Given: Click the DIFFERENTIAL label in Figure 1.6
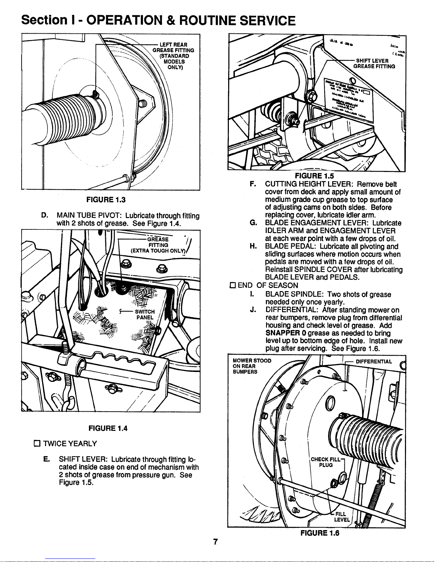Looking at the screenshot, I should [x=373, y=362].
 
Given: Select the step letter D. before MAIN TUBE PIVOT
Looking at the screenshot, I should [x=45, y=216].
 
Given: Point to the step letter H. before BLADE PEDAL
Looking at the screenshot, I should [x=253, y=246].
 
